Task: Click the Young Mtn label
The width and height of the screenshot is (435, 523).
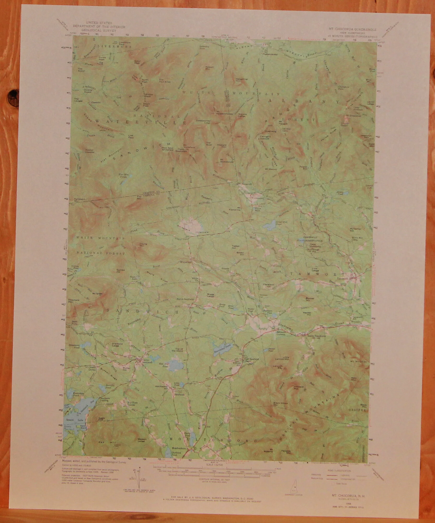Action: tap(143, 245)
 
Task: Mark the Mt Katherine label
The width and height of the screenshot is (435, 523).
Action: tap(234, 209)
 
